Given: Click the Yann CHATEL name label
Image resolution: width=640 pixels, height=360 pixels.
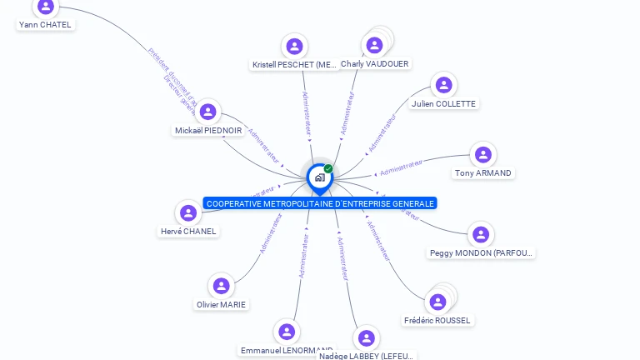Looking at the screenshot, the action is click(45, 25).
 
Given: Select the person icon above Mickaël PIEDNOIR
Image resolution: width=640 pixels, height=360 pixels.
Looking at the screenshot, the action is click(208, 112).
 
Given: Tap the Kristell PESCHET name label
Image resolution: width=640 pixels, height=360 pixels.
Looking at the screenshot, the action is click(294, 64).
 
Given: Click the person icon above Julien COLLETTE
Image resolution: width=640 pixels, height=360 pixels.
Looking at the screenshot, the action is click(443, 85).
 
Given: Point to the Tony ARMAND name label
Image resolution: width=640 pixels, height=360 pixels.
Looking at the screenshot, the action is click(482, 173).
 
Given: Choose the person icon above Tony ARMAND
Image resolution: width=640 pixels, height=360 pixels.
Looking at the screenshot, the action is click(482, 155).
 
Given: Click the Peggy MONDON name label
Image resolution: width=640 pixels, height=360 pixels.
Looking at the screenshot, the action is click(482, 252).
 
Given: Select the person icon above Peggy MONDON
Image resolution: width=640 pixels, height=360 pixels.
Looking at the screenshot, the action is click(480, 235).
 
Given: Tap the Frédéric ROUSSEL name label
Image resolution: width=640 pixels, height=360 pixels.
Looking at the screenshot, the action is click(437, 320).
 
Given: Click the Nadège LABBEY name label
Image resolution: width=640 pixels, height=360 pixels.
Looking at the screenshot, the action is click(366, 356).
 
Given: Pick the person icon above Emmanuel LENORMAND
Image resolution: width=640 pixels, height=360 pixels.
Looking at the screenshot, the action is click(287, 332).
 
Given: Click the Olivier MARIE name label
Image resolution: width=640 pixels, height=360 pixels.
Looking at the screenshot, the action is click(221, 304).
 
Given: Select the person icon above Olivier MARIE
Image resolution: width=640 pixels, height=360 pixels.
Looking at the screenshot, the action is click(221, 287).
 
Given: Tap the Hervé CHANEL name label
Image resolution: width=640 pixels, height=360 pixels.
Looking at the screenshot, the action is click(188, 231).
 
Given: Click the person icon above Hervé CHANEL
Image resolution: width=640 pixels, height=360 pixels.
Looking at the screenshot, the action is click(188, 213).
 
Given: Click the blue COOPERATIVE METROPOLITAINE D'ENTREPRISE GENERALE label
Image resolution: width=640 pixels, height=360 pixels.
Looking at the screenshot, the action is click(320, 203).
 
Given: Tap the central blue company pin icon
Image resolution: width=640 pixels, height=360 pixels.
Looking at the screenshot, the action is click(318, 177).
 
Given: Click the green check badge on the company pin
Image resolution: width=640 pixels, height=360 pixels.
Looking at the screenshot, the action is click(328, 169).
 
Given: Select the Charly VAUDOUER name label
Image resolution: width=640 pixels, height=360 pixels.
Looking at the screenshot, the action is click(375, 64).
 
